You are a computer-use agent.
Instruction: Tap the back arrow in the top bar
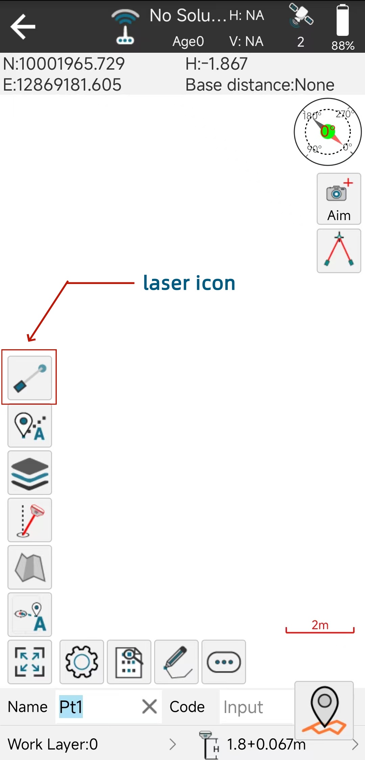(x=23, y=26)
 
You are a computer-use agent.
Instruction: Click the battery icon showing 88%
(x=342, y=20)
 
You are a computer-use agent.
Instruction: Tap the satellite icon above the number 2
(x=301, y=15)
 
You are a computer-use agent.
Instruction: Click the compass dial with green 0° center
(x=328, y=132)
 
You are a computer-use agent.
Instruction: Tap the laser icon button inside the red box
(x=30, y=378)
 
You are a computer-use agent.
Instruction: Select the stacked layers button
(x=30, y=473)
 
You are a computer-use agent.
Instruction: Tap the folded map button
(x=30, y=567)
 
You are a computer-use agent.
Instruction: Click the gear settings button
(x=82, y=662)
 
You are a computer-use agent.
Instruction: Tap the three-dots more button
(x=224, y=662)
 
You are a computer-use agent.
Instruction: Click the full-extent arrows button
(x=30, y=662)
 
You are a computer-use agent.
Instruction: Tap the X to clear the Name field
(x=149, y=707)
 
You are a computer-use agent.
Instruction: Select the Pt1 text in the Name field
(x=71, y=707)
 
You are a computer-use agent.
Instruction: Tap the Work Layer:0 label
(x=53, y=744)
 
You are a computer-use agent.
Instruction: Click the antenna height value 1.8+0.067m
(x=266, y=744)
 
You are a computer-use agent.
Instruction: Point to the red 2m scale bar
(x=320, y=631)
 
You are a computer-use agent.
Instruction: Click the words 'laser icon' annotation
(x=189, y=283)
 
